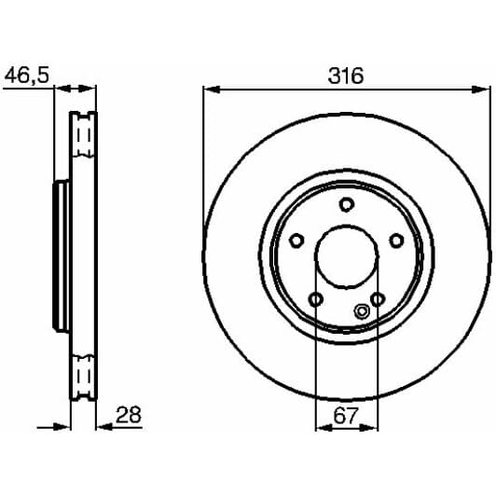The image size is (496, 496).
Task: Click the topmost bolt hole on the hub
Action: [346, 205]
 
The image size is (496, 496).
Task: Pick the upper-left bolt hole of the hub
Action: [296, 241]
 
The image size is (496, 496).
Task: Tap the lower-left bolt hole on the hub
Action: [315, 298]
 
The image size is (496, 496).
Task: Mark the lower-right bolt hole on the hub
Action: [378, 298]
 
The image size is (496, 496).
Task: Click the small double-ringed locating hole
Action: [362, 312]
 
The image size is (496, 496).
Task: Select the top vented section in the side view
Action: [84, 140]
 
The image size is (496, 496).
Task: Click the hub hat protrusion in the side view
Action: [60, 257]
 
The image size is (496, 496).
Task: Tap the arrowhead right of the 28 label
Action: [103, 429]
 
